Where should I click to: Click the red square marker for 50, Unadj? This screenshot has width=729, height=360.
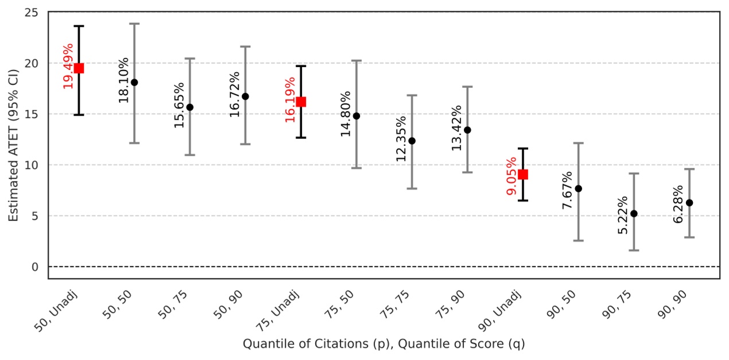click(x=79, y=68)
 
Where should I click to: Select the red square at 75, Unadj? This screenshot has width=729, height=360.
click(x=301, y=102)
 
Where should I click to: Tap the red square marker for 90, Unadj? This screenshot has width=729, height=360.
click(x=523, y=175)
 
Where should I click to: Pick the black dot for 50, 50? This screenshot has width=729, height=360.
click(x=134, y=82)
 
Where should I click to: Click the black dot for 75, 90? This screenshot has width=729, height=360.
click(x=467, y=130)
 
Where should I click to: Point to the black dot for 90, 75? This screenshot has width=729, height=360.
click(x=634, y=214)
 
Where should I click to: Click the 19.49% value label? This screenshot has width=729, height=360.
click(x=68, y=65)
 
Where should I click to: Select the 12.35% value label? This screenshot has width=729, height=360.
click(x=401, y=138)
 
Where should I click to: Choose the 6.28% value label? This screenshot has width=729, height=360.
click(x=678, y=204)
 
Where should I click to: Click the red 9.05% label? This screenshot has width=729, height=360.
click(x=512, y=175)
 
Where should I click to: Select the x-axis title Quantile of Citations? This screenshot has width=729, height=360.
click(x=383, y=344)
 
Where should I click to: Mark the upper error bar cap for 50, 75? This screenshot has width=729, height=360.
click(x=190, y=59)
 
